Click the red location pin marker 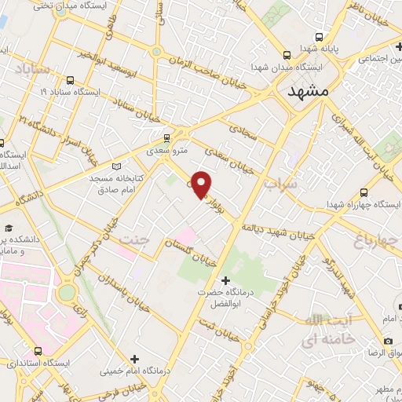click(202, 184)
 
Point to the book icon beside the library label click(117, 166)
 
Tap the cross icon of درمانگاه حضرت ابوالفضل click(225, 280)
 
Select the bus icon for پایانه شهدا click(320, 36)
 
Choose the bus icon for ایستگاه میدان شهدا click(286, 55)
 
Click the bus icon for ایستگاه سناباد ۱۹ click(71, 80)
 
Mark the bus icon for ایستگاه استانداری click(37, 351)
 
